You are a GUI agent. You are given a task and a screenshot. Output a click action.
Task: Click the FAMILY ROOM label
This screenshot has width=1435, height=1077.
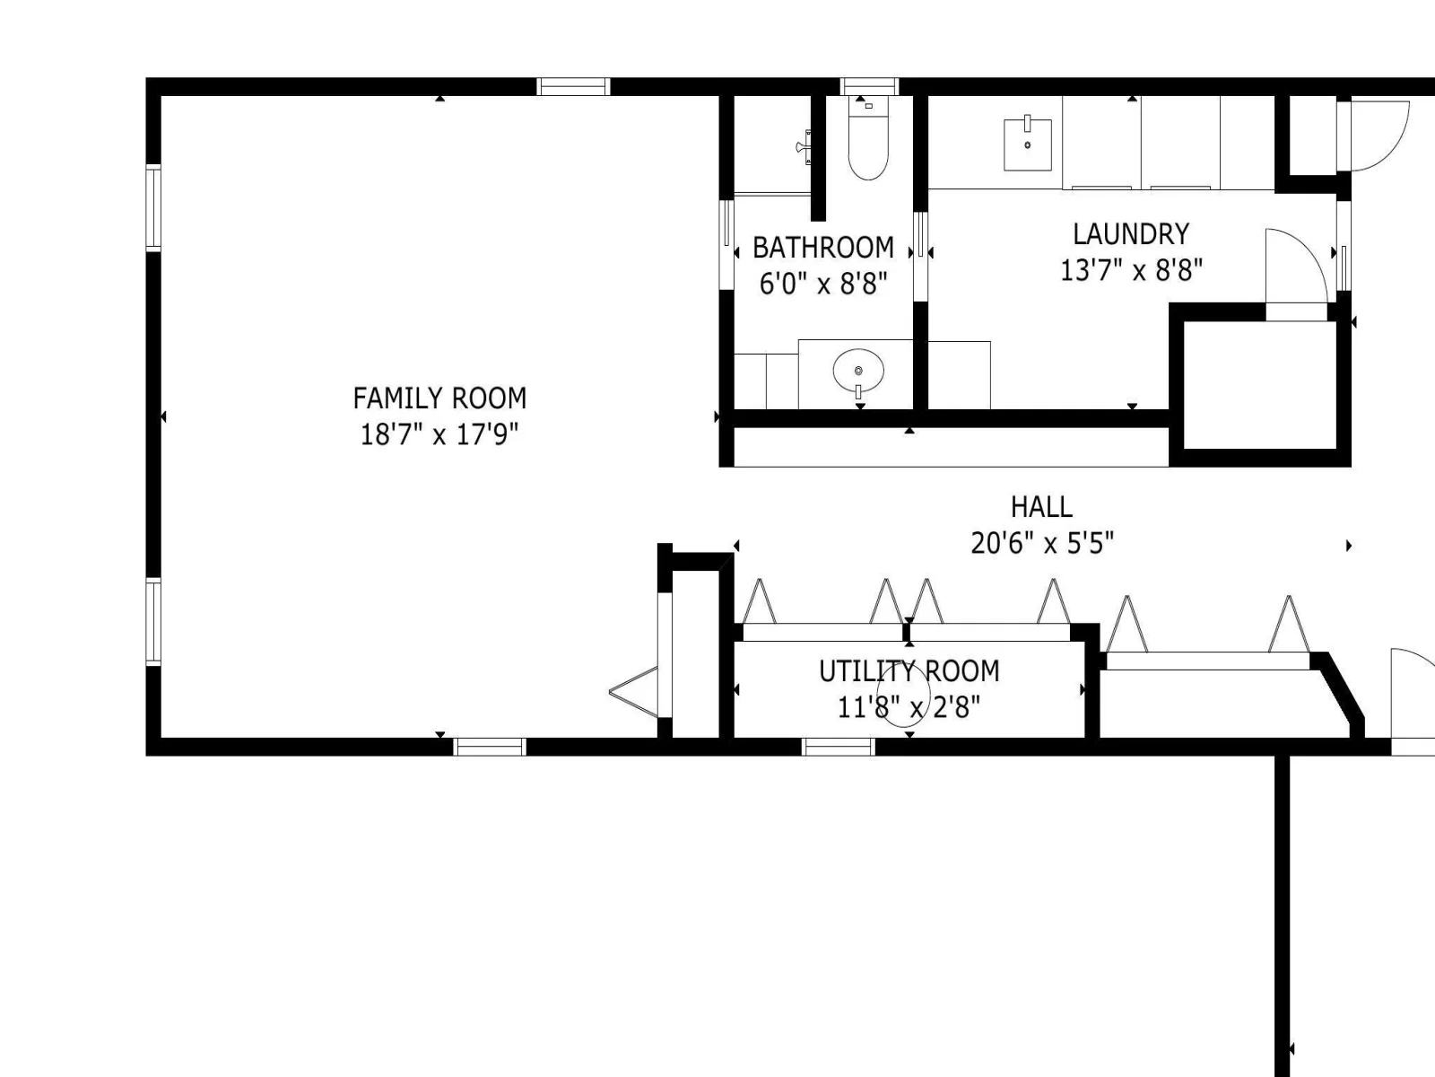(x=439, y=398)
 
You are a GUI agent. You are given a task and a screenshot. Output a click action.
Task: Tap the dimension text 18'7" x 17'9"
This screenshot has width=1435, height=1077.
(x=439, y=434)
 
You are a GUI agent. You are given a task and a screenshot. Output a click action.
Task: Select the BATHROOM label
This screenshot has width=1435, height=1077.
(x=823, y=248)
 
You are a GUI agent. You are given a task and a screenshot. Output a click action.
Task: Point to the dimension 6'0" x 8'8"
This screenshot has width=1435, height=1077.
(x=823, y=284)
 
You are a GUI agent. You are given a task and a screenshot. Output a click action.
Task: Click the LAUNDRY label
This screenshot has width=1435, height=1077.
(x=1131, y=234)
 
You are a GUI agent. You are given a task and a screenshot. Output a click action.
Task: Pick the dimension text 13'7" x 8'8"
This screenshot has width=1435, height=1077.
(x=1131, y=270)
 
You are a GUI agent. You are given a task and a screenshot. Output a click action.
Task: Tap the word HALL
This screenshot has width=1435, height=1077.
(x=1041, y=507)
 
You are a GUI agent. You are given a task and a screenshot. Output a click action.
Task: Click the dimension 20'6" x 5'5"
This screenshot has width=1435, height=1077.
(x=1042, y=543)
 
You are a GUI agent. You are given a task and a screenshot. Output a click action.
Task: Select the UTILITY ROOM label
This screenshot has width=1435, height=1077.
(x=909, y=671)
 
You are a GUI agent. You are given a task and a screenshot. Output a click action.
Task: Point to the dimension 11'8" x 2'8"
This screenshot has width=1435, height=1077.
(x=909, y=707)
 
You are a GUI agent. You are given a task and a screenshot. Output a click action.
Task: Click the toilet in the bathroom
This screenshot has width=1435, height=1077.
(x=868, y=138)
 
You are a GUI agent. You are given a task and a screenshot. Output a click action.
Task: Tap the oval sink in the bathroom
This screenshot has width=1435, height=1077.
(x=858, y=371)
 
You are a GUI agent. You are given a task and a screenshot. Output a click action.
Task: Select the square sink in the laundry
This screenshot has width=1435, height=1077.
(x=1028, y=144)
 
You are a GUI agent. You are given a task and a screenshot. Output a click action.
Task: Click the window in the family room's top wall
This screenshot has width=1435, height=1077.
(x=573, y=86)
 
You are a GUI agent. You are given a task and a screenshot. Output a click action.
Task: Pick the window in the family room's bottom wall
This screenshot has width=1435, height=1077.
(x=490, y=747)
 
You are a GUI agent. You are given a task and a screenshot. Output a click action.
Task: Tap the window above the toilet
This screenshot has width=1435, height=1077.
(x=869, y=86)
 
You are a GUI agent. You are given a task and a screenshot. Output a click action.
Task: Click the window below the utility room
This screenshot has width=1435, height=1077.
(x=838, y=747)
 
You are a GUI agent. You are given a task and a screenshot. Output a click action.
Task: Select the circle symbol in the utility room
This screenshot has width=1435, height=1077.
(x=903, y=695)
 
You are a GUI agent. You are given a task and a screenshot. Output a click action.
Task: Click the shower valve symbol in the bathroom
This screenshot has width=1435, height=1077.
(x=804, y=147)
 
